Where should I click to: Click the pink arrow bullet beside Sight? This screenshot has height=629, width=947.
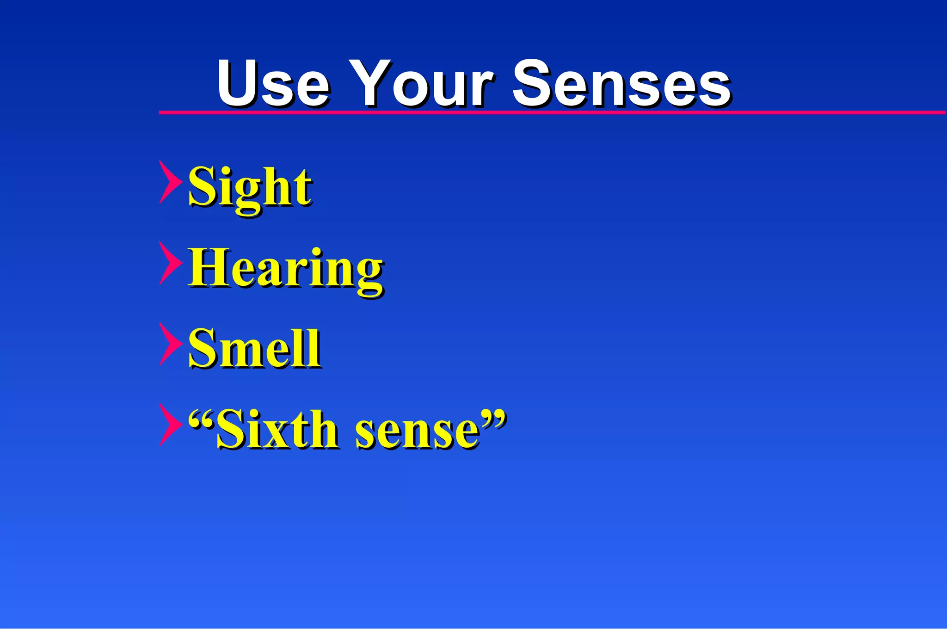pyautogui.click(x=169, y=182)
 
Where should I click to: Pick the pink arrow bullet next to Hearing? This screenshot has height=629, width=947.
pyautogui.click(x=169, y=263)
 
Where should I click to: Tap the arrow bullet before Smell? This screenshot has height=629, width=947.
pyautogui.click(x=169, y=344)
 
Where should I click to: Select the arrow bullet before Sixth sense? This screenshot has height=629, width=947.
pyautogui.click(x=169, y=425)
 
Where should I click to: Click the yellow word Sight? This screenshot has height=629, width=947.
pyautogui.click(x=250, y=187)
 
